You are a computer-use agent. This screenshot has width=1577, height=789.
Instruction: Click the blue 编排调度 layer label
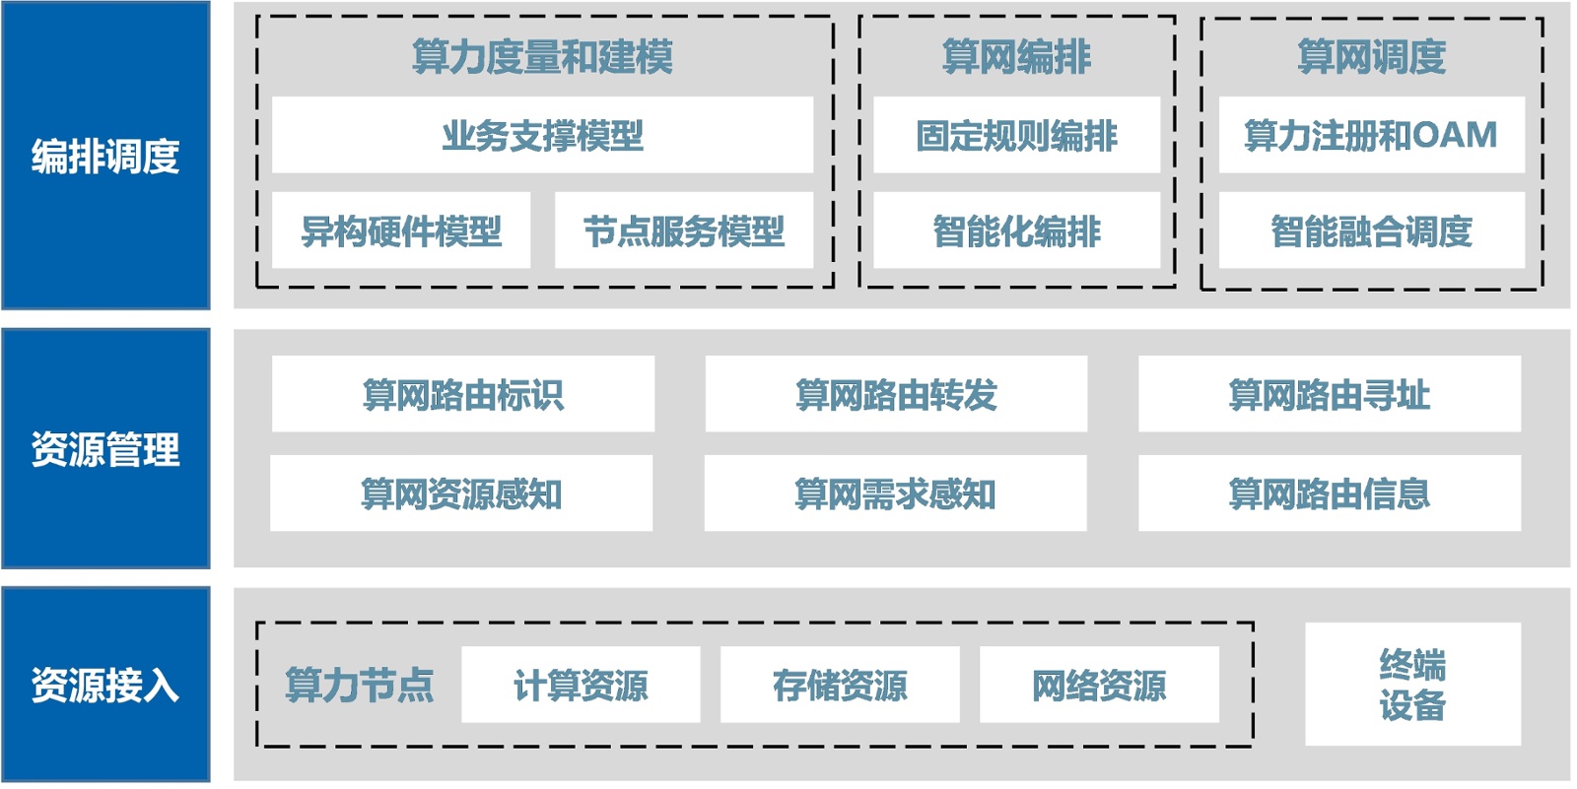105,156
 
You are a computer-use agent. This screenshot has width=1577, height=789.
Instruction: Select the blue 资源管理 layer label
105,449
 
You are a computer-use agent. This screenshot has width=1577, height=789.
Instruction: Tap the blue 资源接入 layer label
105,685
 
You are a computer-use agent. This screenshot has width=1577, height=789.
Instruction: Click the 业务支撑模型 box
542,135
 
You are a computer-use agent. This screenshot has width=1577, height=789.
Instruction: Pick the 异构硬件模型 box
401,230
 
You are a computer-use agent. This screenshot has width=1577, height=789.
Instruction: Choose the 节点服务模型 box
684,230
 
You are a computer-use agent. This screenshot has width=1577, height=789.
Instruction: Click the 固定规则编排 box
1016,135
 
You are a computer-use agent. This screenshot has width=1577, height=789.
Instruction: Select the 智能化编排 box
1016,230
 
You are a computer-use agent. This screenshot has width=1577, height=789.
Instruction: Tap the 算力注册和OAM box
1371,135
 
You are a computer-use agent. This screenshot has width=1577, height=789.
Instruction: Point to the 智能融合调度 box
1371,230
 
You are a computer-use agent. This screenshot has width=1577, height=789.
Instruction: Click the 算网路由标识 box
462,394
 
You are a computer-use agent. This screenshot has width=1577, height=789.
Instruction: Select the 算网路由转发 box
896,394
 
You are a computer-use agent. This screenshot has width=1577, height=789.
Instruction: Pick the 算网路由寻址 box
1329,394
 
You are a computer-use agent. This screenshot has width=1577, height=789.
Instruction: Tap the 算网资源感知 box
461,493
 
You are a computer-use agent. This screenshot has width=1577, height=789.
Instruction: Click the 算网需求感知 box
895,493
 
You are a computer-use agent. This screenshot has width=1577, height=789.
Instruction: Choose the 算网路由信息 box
1329,493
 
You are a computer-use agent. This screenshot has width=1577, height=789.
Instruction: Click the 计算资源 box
581,685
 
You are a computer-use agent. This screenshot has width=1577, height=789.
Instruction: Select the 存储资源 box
840,685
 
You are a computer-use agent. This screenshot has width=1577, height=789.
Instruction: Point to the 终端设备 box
1412,684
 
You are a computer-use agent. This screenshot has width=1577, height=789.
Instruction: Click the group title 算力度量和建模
542,56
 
